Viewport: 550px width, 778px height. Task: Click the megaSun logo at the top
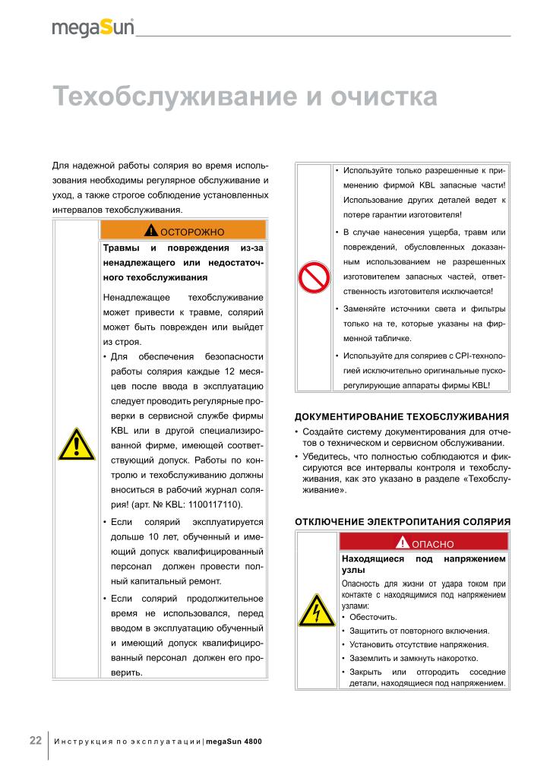(93, 28)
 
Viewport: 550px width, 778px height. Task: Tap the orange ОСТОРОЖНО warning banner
(183, 230)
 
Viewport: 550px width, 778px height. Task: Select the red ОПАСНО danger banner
(424, 543)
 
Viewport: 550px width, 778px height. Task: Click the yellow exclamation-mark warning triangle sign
(76, 444)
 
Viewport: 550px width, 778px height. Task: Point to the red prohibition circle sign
(312, 279)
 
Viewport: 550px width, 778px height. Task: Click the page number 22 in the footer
(36, 740)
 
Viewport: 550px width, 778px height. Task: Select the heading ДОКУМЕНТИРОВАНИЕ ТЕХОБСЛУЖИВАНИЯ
(401, 416)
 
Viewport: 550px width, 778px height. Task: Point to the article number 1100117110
(216, 504)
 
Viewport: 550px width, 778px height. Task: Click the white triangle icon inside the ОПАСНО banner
(403, 542)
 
